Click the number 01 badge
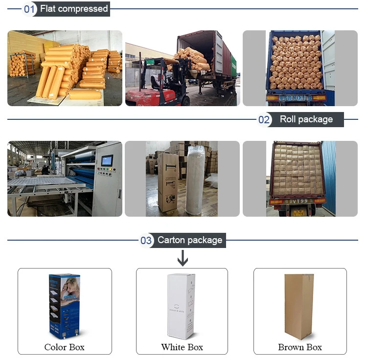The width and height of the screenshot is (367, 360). (x=30, y=9)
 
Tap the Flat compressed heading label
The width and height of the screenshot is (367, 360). (x=74, y=9)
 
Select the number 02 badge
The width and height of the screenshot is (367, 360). (x=264, y=120)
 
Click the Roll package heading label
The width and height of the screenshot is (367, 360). (x=306, y=119)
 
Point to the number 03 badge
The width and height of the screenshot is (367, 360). (x=146, y=240)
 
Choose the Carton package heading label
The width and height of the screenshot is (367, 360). (x=190, y=240)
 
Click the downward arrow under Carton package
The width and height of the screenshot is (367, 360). (x=182, y=258)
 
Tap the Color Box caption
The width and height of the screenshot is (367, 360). (x=64, y=347)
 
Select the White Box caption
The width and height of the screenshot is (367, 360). (x=182, y=347)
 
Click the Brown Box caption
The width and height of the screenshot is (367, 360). (x=300, y=347)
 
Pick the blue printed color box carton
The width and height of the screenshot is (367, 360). (x=65, y=306)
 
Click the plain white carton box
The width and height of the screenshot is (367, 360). (x=181, y=306)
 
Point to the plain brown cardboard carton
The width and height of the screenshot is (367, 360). (x=299, y=306)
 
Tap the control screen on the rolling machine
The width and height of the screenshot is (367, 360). (x=107, y=160)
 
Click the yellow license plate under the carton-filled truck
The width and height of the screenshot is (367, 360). (x=298, y=212)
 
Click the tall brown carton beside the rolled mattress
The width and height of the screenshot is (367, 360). (x=168, y=182)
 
